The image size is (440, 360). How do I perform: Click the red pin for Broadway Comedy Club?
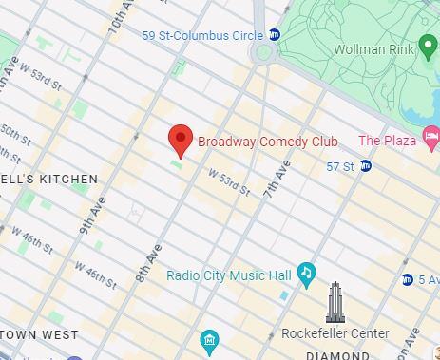click(x=182, y=141)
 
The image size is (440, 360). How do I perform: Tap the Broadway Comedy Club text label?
click(x=268, y=142)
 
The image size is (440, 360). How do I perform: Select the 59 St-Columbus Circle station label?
click(x=202, y=35)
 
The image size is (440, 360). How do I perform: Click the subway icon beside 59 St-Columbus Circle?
click(x=274, y=35)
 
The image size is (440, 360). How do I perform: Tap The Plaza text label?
click(x=387, y=141)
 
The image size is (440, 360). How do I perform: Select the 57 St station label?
click(x=339, y=167)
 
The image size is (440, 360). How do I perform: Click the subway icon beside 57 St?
click(x=365, y=167)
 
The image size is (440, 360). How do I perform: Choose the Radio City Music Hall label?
click(x=228, y=275)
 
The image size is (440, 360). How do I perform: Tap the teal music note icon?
click(x=306, y=275)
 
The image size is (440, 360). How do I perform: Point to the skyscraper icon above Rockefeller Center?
click(x=335, y=302)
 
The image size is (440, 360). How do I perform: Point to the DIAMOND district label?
click(x=337, y=355)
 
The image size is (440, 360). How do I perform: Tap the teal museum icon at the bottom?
click(x=209, y=340)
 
